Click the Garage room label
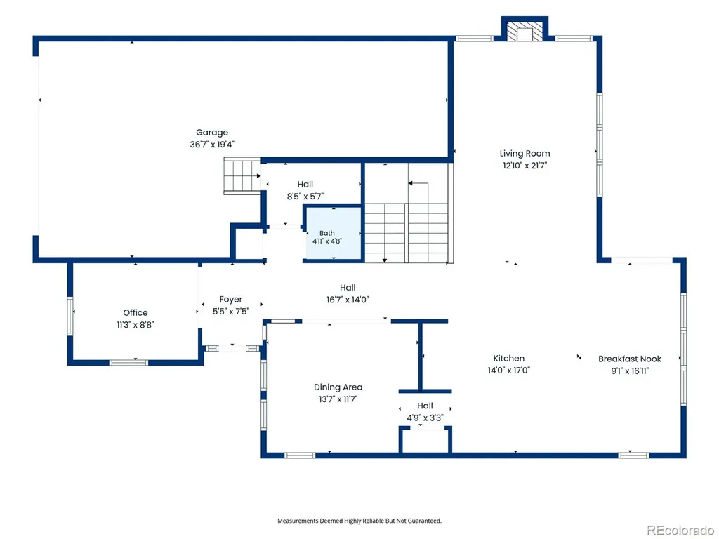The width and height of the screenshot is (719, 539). [212, 133]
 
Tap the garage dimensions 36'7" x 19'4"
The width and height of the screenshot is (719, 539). [212, 145]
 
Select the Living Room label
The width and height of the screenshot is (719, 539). [525, 154]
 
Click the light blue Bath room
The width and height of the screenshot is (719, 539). [334, 234]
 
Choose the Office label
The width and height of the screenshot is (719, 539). [136, 312]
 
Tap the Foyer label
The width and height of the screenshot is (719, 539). [230, 299]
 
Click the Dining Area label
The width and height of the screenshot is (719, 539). [338, 387]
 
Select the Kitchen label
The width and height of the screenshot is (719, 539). [508, 359]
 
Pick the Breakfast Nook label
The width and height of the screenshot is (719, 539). [630, 359]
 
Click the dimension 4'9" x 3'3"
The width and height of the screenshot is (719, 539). [425, 418]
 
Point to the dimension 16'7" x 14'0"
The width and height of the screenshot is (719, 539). [348, 300]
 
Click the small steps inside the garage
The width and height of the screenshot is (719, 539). [242, 176]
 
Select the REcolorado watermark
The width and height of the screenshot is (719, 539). [680, 531]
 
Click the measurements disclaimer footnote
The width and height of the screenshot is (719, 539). [359, 521]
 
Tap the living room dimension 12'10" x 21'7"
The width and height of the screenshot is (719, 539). [525, 166]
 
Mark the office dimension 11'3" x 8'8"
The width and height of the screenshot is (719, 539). [136, 325]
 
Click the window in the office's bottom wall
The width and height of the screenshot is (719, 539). [129, 363]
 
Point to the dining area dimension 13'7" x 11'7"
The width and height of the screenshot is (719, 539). [338, 399]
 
